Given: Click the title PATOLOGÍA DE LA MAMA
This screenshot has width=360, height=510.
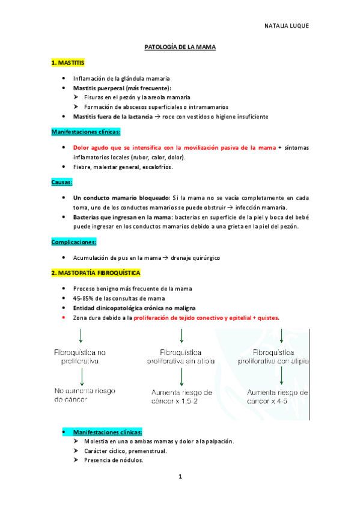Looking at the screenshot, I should coord(180,46).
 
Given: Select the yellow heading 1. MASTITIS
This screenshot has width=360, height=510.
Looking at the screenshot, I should coord(68,62).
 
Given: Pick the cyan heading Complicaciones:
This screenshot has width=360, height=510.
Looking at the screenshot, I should coord(74,242).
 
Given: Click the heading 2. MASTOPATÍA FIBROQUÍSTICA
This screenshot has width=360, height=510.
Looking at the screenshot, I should coord(96,273).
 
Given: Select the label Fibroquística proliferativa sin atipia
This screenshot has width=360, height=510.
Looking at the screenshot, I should coord(180,356).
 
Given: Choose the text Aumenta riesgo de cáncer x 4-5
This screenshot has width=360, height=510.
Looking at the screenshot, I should coord(278,396).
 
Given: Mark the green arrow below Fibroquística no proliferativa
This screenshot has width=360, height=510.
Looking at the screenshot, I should coord(81,377).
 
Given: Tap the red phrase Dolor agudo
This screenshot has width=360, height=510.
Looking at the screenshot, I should coord(90,147).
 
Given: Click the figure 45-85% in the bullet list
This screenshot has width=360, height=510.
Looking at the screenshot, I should coord(82,298).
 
